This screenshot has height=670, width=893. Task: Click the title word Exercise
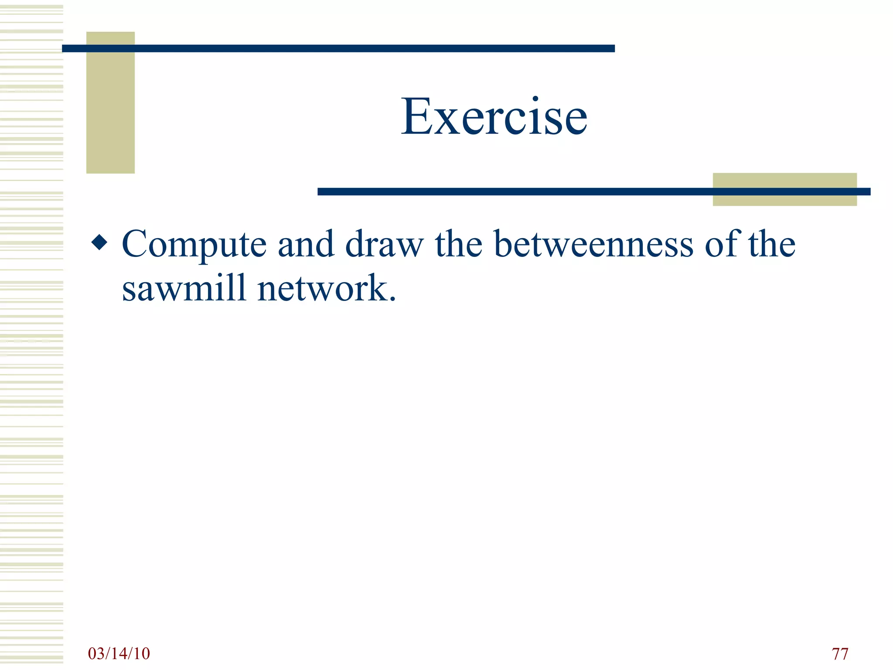click(494, 116)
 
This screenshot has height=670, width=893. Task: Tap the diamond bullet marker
click(99, 243)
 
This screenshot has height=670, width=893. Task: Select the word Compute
click(194, 244)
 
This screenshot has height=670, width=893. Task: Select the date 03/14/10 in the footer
click(119, 653)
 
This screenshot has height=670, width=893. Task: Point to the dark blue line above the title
click(338, 48)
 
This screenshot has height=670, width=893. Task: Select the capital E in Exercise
click(416, 116)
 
